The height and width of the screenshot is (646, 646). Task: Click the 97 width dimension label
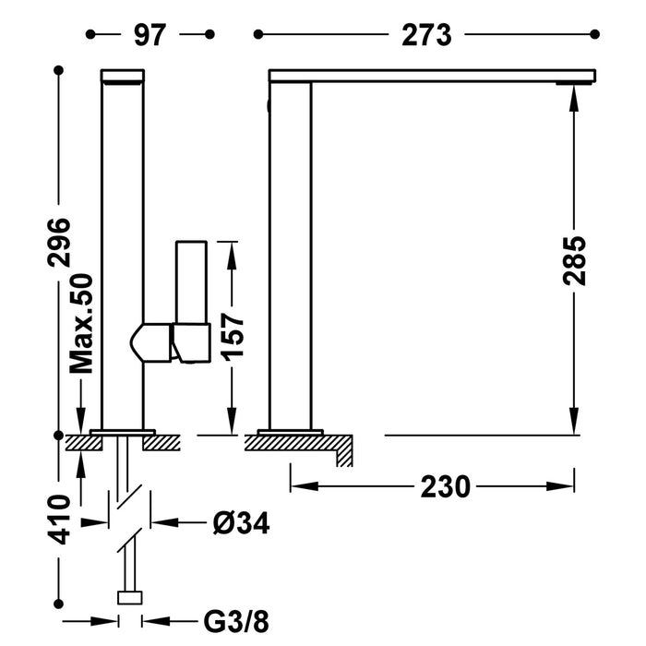pos(148,35)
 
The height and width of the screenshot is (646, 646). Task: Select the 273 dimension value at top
pos(425,35)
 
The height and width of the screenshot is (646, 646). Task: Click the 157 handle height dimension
pos(232,338)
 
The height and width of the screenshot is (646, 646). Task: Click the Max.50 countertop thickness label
pos(83,323)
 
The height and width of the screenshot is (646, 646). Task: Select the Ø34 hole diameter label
pos(241,523)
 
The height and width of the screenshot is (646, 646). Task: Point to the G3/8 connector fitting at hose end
pos(129,597)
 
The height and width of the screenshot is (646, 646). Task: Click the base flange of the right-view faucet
pos(290,430)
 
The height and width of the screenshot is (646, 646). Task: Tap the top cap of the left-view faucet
pos(123,76)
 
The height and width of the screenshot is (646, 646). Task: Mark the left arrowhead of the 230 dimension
pos(297,486)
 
